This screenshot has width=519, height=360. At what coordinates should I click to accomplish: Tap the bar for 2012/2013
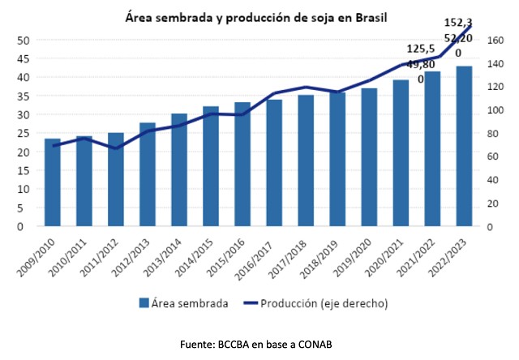click(x=148, y=174)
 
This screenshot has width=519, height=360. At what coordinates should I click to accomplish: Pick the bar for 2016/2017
click(x=274, y=163)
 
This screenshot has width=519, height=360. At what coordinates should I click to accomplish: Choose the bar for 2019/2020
click(x=369, y=157)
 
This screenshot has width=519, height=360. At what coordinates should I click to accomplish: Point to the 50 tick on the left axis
click(x=24, y=41)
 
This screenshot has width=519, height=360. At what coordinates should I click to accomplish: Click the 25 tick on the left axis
click(x=24, y=134)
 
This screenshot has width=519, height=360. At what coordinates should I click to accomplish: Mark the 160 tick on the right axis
click(x=496, y=41)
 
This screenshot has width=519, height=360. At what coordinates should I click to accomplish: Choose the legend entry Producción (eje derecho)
click(x=327, y=303)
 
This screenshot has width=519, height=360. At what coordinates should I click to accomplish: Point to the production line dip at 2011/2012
click(x=116, y=148)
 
